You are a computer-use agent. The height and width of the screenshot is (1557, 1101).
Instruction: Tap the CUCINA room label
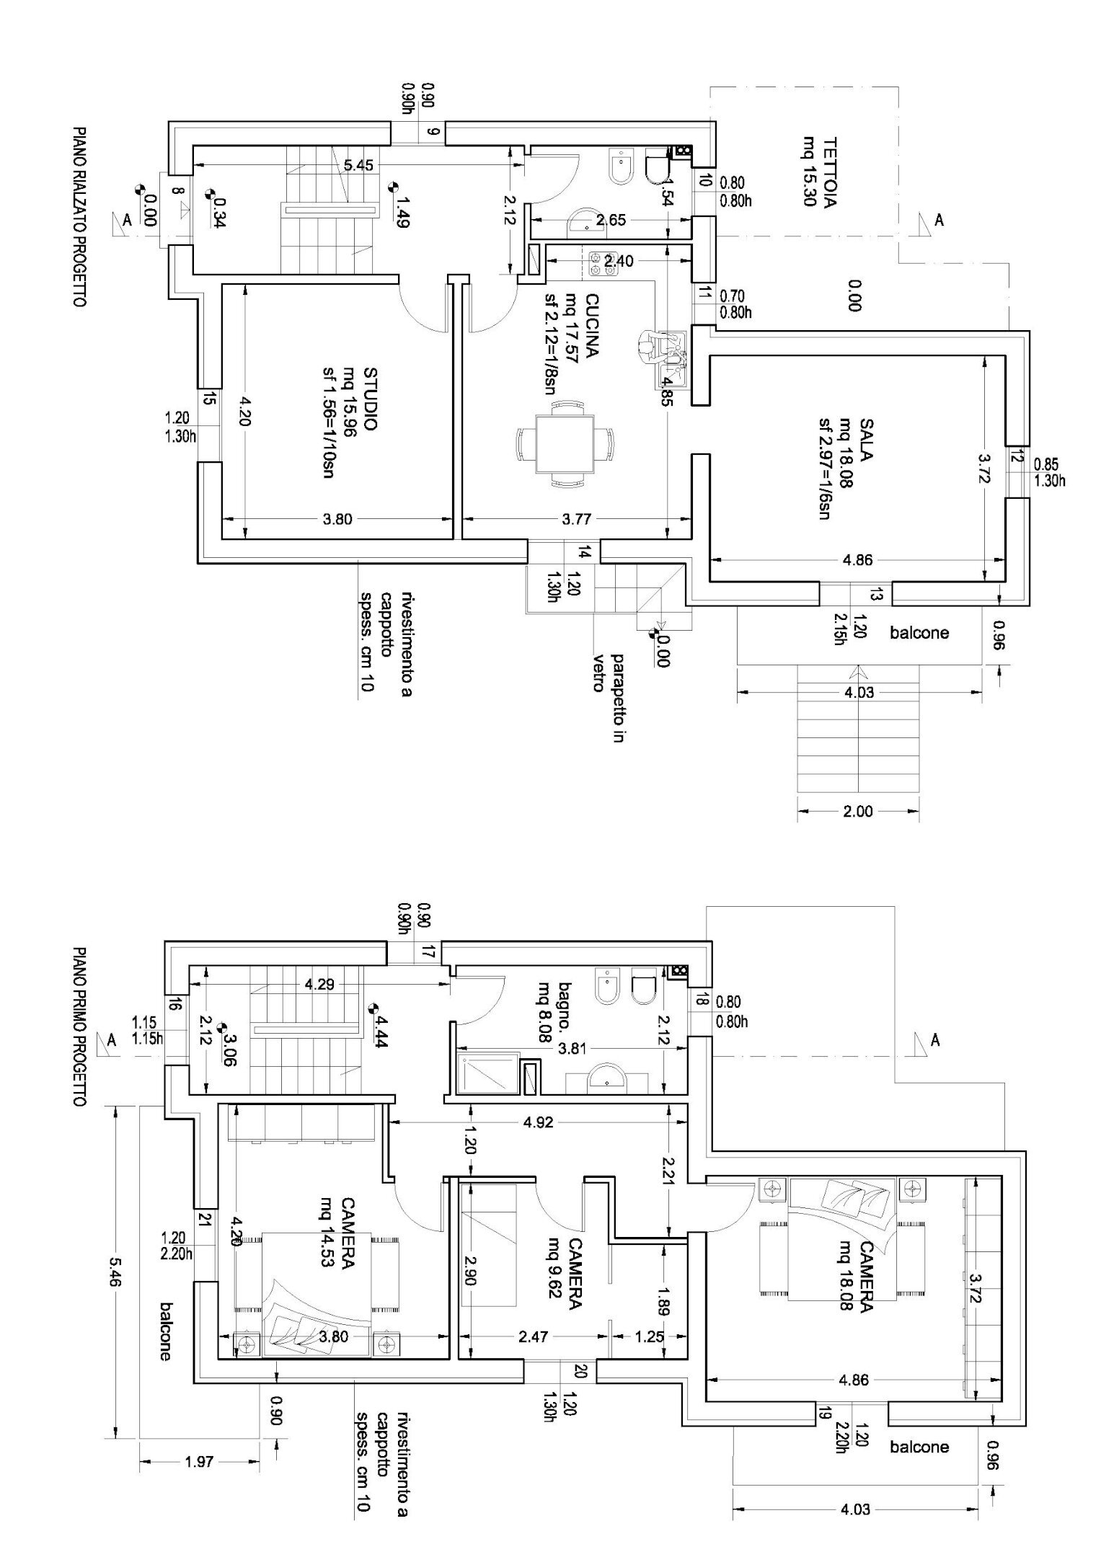(591, 325)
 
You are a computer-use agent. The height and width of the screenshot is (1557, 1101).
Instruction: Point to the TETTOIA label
(829, 172)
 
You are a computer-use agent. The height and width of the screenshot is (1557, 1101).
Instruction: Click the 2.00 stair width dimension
(858, 811)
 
